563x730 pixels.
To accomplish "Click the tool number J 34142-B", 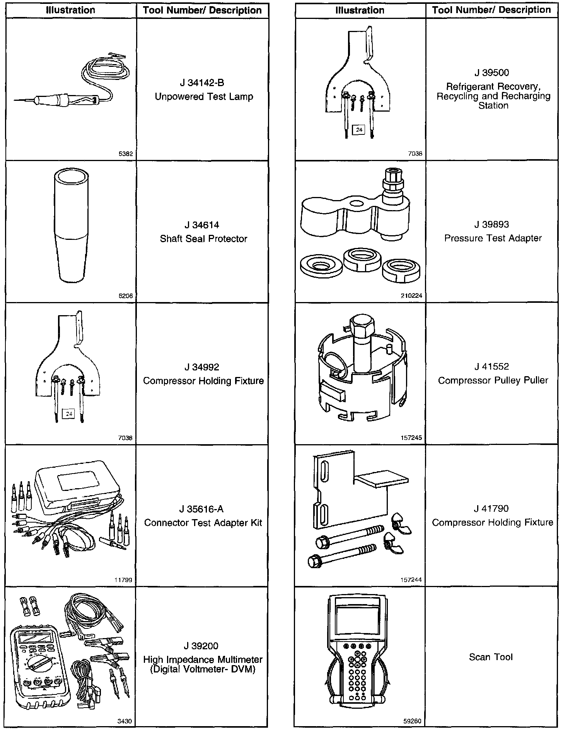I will [x=202, y=83].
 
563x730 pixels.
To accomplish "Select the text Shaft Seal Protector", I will [x=203, y=239].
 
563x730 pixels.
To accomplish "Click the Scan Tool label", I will [x=491, y=657].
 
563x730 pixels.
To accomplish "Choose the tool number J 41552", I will [x=491, y=367].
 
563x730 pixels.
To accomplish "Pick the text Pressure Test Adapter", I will [x=493, y=238].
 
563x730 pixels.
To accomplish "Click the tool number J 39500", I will [x=491, y=73].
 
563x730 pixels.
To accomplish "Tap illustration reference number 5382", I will [x=126, y=154].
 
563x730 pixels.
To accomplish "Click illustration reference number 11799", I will [x=125, y=580].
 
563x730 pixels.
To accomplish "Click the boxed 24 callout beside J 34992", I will [x=69, y=414].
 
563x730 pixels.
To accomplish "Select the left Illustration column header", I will [x=70, y=10].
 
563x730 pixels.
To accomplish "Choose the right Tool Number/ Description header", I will [x=491, y=10].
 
